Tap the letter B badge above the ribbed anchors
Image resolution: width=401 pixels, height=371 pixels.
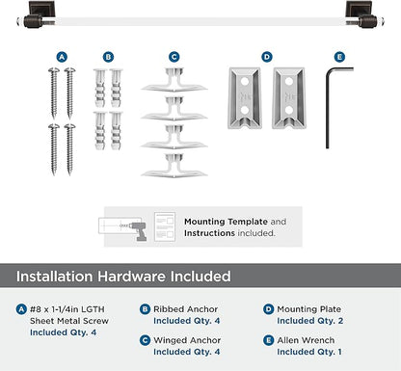pyautogui.click(x=108, y=57)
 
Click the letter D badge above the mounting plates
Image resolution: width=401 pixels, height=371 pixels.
pyautogui.click(x=266, y=57)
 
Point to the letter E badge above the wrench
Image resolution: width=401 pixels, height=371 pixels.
pyautogui.click(x=338, y=57)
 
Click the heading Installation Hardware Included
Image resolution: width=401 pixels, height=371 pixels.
pyautogui.click(x=122, y=277)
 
